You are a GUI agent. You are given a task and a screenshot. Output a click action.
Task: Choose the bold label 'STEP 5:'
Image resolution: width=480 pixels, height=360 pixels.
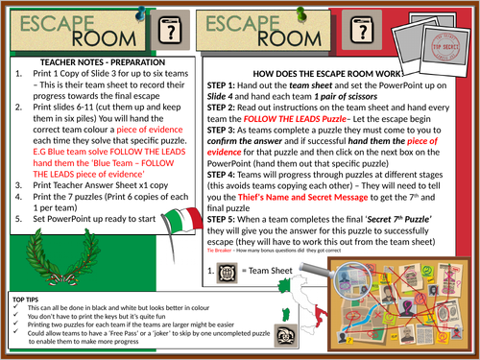[x=228, y=221]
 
